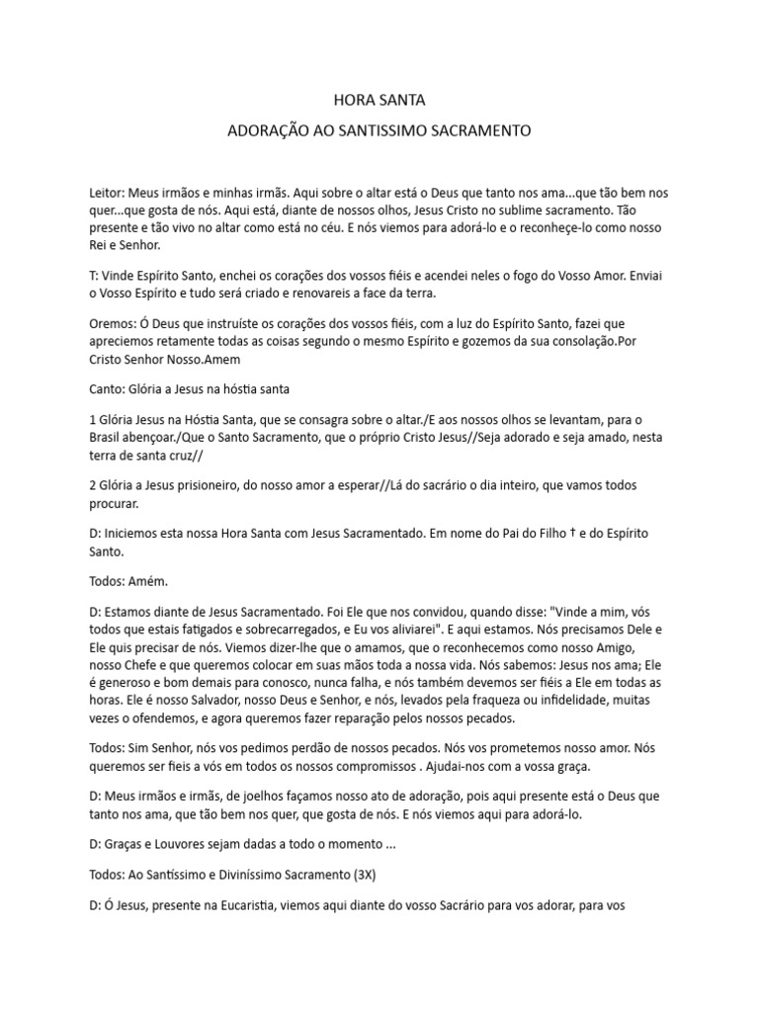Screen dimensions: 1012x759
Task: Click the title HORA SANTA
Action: click(x=379, y=100)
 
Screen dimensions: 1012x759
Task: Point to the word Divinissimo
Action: click(x=259, y=875)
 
